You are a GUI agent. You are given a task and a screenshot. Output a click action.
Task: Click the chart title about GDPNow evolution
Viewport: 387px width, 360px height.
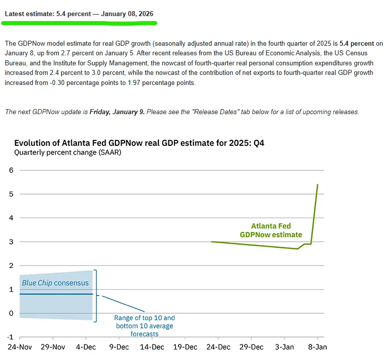[139, 143]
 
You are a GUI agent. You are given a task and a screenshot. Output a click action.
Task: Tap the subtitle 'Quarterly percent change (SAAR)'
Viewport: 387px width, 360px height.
[67, 152]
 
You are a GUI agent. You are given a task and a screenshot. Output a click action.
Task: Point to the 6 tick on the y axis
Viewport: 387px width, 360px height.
[11, 170]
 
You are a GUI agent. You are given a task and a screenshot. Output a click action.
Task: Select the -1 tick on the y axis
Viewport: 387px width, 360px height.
[10, 337]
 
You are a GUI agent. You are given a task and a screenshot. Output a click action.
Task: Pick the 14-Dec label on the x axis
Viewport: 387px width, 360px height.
[152, 347]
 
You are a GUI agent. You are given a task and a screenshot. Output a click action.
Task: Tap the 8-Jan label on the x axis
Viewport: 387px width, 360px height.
[317, 347]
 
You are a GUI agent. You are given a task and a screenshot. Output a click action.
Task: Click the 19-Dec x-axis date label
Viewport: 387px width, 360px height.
[185, 347]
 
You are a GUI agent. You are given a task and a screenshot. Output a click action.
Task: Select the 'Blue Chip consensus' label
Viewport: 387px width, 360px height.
[55, 283]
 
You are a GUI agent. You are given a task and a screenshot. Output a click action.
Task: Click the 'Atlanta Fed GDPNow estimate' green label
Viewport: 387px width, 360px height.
[271, 230]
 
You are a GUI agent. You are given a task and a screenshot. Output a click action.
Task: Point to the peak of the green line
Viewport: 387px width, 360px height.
[318, 185]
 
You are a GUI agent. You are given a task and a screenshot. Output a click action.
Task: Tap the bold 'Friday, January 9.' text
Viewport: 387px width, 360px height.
[117, 112]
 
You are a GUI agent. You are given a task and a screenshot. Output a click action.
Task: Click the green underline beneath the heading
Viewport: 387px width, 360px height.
[80, 23]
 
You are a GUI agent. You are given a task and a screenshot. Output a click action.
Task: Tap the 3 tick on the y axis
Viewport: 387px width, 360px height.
[11, 242]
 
